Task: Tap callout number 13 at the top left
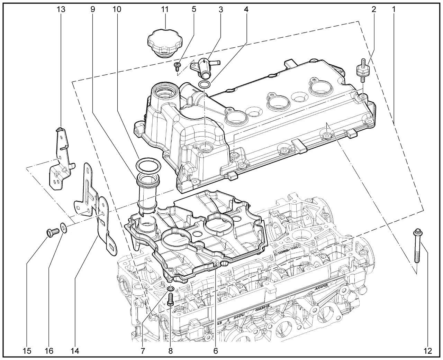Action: coord(61,10)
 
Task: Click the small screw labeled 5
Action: coord(178,65)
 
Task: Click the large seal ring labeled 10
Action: coord(149,165)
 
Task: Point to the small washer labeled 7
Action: coord(170,289)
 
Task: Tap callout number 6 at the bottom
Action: coord(215,351)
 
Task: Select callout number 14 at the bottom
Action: coord(75,351)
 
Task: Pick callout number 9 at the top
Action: coord(92,10)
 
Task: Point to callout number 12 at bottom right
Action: coord(428,351)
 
